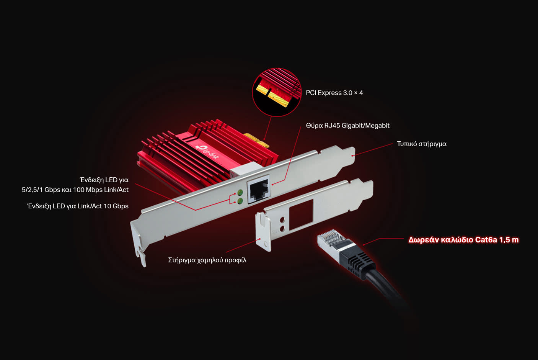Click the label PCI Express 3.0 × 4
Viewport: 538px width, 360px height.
[334, 93]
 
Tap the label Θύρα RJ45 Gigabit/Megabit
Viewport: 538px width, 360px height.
[347, 126]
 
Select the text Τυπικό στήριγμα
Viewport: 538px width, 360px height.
[421, 144]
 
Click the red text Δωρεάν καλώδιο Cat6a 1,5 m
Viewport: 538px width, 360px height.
[463, 240]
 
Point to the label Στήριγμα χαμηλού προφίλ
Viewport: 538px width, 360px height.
[207, 260]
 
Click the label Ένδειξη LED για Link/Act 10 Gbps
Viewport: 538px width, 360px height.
[78, 206]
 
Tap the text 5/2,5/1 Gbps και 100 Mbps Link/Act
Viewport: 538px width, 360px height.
[75, 190]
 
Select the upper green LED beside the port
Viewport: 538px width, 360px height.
[240, 192]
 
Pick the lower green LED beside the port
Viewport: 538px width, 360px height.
[240, 201]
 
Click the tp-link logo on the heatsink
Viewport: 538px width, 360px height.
[207, 152]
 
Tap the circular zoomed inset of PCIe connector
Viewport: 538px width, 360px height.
[277, 92]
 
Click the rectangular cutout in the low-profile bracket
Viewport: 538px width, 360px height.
[301, 214]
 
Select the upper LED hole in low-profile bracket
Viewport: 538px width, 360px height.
[282, 220]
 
